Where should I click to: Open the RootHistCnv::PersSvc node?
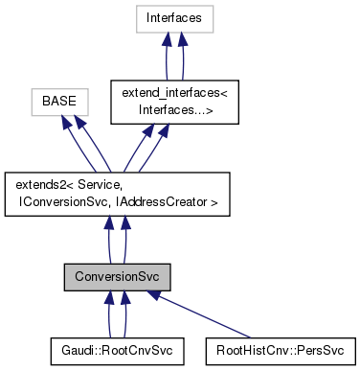click(280, 347)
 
